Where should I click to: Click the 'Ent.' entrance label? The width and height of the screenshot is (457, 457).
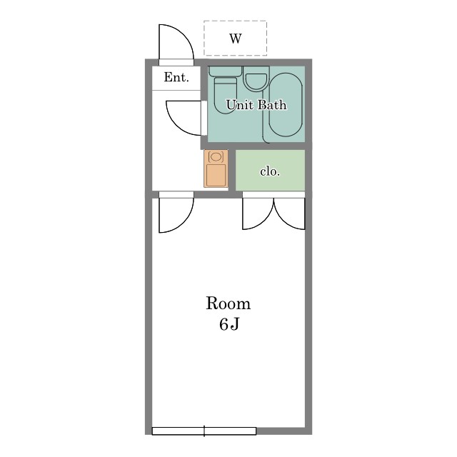pyautogui.click(x=176, y=77)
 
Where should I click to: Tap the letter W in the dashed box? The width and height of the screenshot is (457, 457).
pyautogui.click(x=236, y=38)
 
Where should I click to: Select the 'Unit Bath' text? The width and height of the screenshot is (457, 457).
pyautogui.click(x=256, y=105)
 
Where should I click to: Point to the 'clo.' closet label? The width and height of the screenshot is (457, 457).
pyautogui.click(x=270, y=171)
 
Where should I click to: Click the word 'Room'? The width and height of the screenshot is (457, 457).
pyautogui.click(x=228, y=303)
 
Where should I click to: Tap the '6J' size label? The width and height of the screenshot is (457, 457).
pyautogui.click(x=229, y=323)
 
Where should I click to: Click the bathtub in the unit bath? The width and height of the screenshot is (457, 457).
pyautogui.click(x=286, y=105)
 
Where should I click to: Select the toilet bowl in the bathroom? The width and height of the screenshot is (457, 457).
pyautogui.click(x=225, y=95)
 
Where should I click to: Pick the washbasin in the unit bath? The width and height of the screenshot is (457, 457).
pyautogui.click(x=256, y=78)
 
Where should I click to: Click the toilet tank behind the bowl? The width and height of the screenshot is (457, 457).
pyautogui.click(x=226, y=71)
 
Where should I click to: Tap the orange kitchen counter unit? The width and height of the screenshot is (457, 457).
pyautogui.click(x=216, y=169)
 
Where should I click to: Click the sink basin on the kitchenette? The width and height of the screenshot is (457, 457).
pyautogui.click(x=216, y=157)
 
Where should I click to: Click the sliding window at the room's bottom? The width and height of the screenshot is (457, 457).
pyautogui.click(x=204, y=431)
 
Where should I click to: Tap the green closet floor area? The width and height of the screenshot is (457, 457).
pyautogui.click(x=270, y=170)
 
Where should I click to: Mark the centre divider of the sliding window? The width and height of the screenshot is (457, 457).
pyautogui.click(x=204, y=431)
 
